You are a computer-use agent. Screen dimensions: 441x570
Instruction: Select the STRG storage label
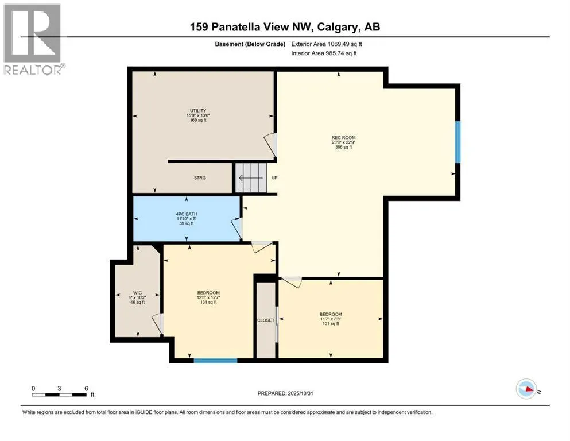point(200,178)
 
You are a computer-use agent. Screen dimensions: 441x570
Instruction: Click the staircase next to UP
point(251,178)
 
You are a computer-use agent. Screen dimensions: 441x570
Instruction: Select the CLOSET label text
point(266,320)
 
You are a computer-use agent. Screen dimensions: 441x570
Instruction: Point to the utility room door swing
point(272,144)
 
